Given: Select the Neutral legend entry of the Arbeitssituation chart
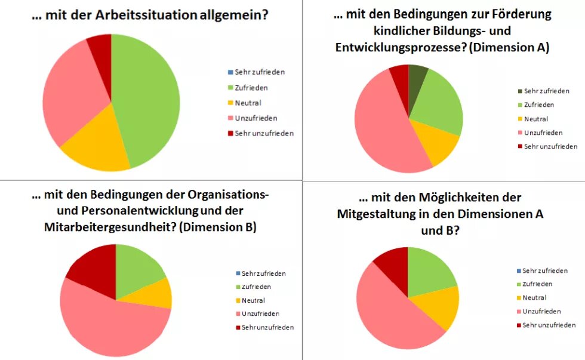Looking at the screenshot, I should click(248, 103).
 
